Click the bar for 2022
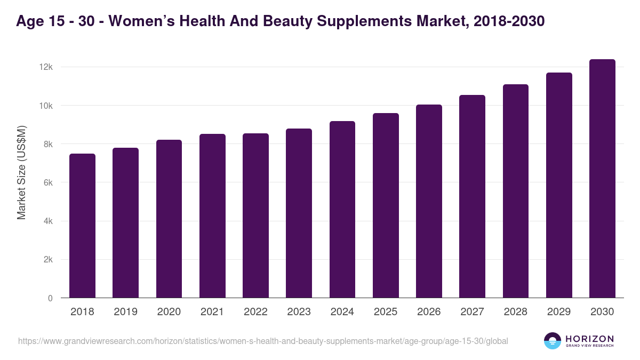point(255,215)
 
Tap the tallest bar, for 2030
point(602,179)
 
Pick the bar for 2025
point(386,205)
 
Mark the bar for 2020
point(169,219)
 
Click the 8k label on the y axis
point(48,144)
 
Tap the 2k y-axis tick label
point(48,260)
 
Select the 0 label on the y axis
point(50,298)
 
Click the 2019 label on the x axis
point(125,312)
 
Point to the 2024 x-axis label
point(342,312)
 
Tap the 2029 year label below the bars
point(559,312)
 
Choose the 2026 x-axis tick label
point(429,312)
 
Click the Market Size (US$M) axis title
point(21,172)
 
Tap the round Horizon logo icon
point(553,341)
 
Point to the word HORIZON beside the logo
point(589,338)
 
